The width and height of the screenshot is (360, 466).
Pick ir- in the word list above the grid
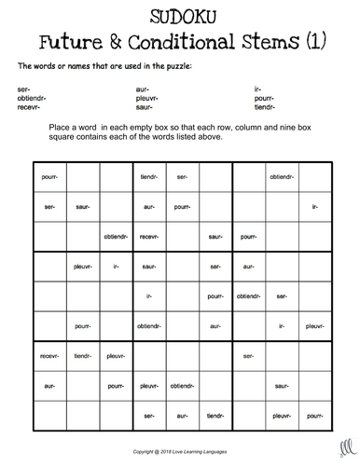coord(257,87)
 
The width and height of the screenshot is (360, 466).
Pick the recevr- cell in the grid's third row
coord(148,238)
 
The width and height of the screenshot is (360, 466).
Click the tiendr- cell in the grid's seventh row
coord(82,355)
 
